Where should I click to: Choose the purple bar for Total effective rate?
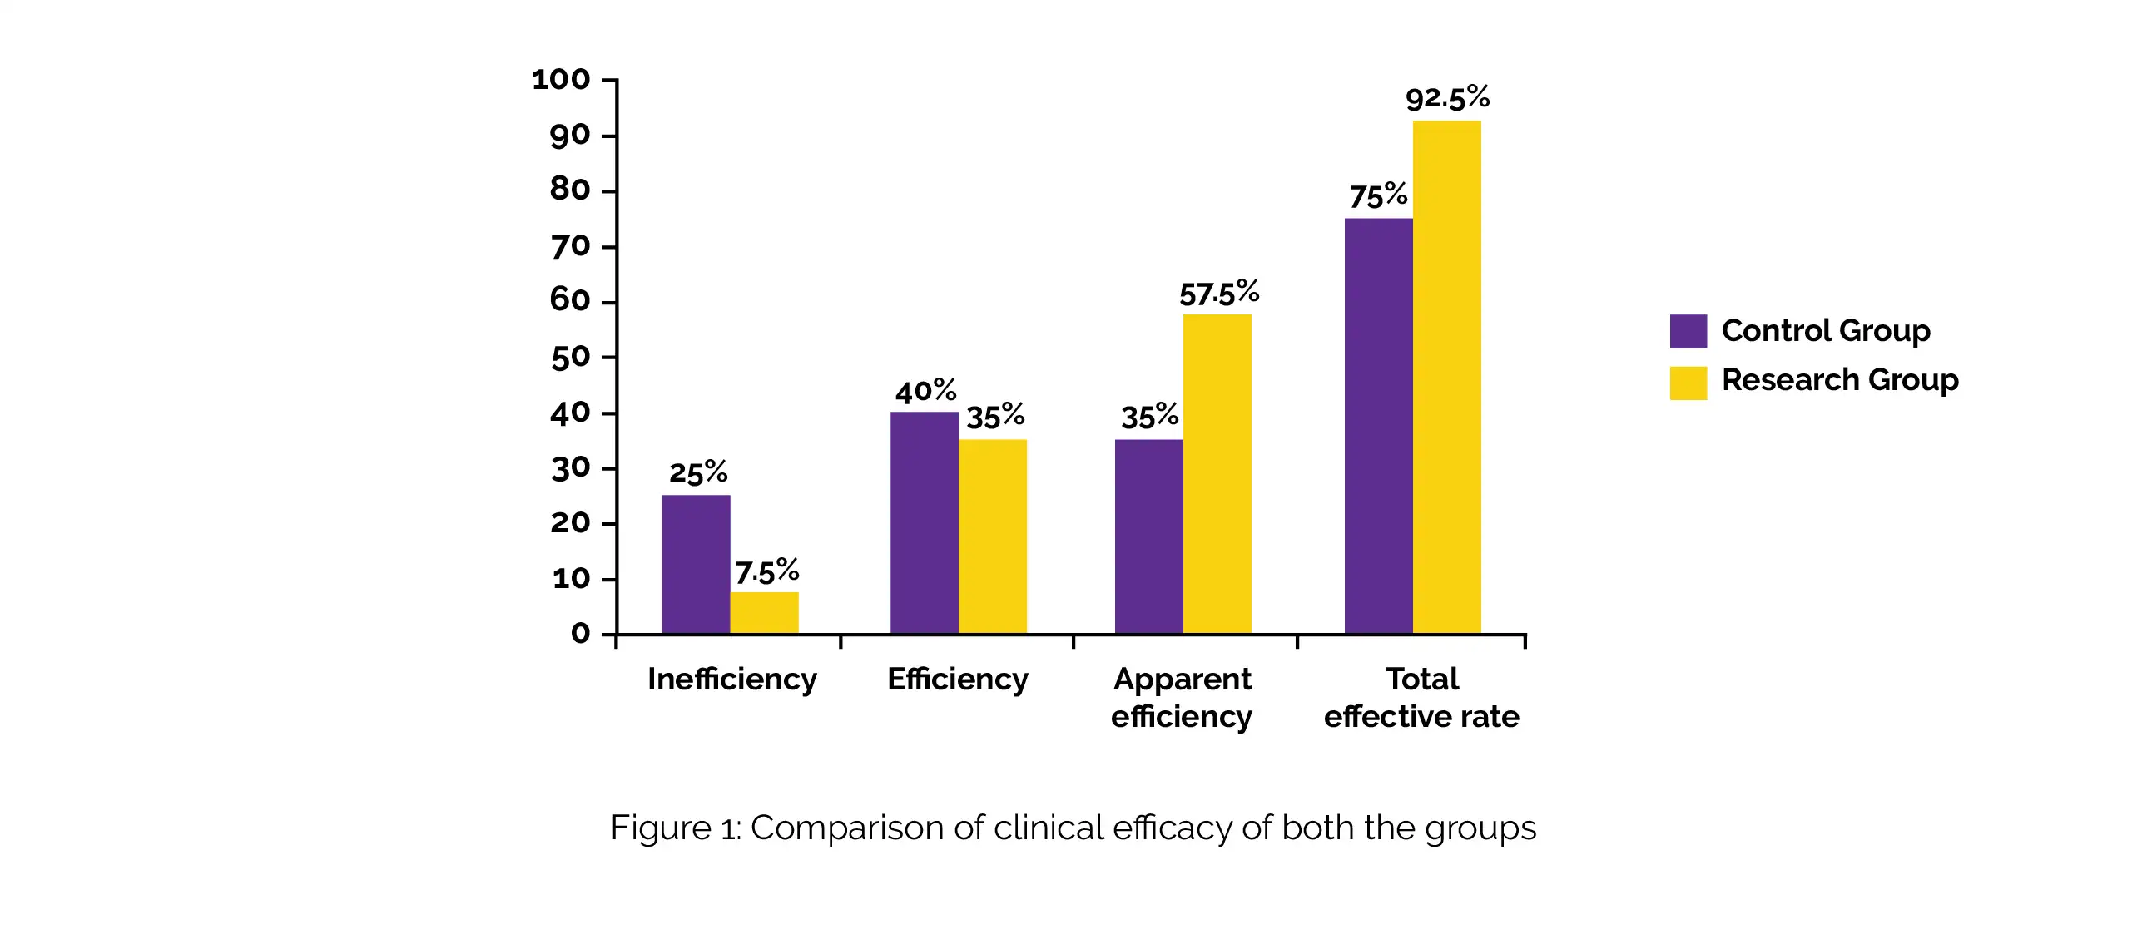[x=1379, y=426]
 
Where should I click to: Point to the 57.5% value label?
[x=1218, y=294]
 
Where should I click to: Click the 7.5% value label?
[x=766, y=571]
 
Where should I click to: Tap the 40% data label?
[x=925, y=391]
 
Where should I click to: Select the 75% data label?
[x=1379, y=196]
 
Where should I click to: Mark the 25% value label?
[x=698, y=472]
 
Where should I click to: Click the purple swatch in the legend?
[x=1688, y=331]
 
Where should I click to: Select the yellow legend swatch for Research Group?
[x=1688, y=383]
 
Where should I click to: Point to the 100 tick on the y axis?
[x=561, y=80]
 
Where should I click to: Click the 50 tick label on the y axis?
[x=570, y=358]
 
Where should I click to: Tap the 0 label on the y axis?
[x=580, y=633]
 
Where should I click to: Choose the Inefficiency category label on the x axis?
[x=731, y=679]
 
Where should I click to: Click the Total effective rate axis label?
[x=1422, y=698]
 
